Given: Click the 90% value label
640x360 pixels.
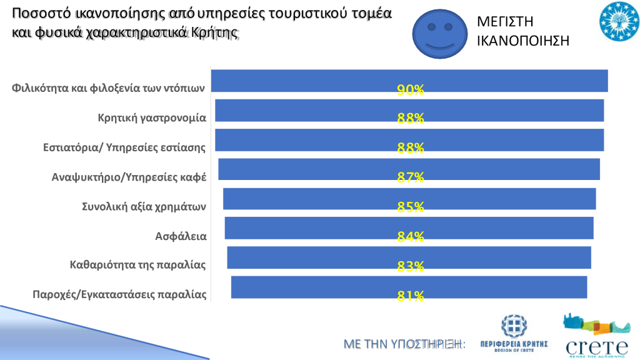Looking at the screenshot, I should click(411, 90).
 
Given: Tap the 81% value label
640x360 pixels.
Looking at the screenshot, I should click(411, 296).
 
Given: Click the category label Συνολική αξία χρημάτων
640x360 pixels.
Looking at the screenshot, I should click(144, 206).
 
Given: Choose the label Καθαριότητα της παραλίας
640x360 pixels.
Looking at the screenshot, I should click(137, 265).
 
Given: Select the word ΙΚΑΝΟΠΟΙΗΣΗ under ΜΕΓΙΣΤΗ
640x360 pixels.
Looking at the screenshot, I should click(523, 41).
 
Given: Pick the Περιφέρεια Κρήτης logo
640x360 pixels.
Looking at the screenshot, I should click(514, 334).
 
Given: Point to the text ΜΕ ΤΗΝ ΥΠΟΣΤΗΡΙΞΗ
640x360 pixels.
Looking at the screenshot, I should click(405, 344).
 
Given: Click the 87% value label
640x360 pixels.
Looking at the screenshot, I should click(411, 178).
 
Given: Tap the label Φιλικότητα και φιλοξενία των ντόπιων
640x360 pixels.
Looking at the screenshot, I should click(109, 88).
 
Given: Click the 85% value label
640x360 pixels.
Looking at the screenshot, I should click(411, 207).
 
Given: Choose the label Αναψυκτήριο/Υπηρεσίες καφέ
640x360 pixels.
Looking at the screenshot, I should click(129, 177).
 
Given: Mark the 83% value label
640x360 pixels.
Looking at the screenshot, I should click(411, 266).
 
